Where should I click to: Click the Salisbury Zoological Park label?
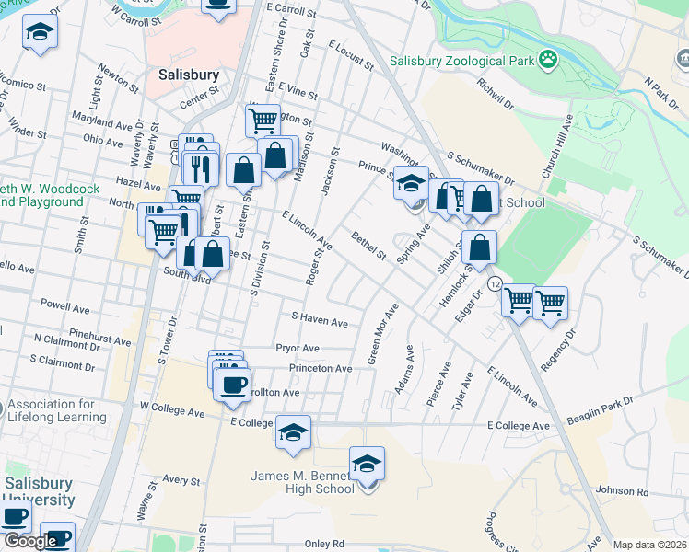click(461, 62)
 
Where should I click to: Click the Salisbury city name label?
click(188, 74)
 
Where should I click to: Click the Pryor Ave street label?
click(298, 348)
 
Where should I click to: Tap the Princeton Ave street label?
click(321, 368)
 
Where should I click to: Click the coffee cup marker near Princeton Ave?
click(233, 383)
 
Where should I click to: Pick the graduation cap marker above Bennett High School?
click(367, 464)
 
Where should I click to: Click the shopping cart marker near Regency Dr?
click(550, 302)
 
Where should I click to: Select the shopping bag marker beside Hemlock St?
click(480, 247)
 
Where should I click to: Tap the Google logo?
click(30, 541)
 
